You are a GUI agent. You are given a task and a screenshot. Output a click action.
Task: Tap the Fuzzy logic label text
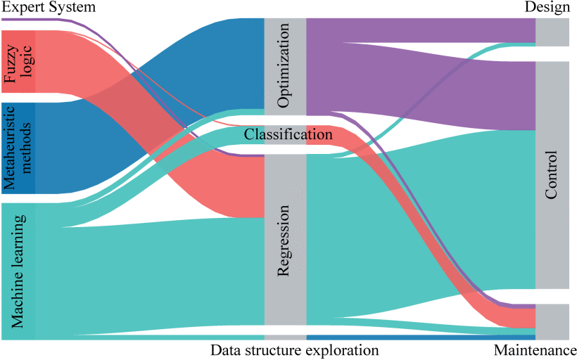[x=18, y=62]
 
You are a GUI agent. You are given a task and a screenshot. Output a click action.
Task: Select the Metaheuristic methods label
[x=18, y=148]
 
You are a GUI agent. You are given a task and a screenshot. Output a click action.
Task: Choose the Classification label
[x=288, y=134]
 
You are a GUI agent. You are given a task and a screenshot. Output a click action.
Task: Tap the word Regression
[x=284, y=241]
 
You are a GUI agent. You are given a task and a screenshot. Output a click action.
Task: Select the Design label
[x=547, y=7]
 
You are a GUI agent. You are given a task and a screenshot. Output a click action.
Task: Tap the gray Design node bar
[x=552, y=32]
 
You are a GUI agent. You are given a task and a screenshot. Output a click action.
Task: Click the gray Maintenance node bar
[x=552, y=321]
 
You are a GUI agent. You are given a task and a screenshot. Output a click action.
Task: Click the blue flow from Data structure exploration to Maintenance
[x=422, y=337]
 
